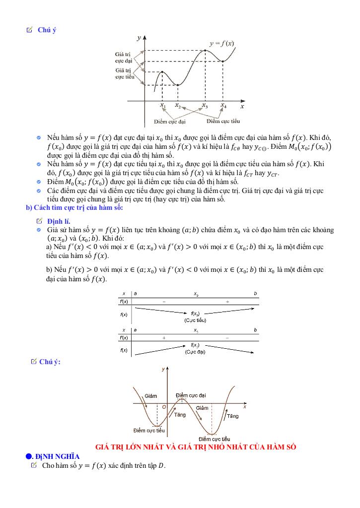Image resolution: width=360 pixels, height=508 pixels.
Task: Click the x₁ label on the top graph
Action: coord(162,106)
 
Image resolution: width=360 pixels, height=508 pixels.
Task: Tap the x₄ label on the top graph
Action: coord(223,106)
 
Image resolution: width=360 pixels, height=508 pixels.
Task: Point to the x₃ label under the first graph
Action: coord(205,106)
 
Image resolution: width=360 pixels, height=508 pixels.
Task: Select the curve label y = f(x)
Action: coord(221,44)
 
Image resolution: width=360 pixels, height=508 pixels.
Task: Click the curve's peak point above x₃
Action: coord(205,50)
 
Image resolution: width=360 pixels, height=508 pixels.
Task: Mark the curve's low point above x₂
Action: coord(178,85)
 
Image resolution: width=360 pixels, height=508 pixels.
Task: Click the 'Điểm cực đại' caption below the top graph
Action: coord(169,122)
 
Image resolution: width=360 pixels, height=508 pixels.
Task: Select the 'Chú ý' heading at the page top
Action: coord(47,30)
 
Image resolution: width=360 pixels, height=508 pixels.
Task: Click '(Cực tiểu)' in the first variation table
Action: coord(196,320)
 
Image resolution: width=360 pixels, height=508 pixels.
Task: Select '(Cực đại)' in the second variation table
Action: coord(195,352)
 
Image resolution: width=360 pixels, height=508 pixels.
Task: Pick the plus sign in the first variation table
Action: coord(227,302)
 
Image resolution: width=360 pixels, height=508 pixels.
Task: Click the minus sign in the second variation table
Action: coord(227,337)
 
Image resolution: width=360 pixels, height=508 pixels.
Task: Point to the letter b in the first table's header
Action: coord(255,294)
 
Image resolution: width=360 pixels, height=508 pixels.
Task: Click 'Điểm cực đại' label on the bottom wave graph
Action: coord(191,395)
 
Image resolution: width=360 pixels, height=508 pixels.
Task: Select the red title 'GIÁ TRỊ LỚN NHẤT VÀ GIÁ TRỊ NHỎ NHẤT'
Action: coord(196,447)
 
